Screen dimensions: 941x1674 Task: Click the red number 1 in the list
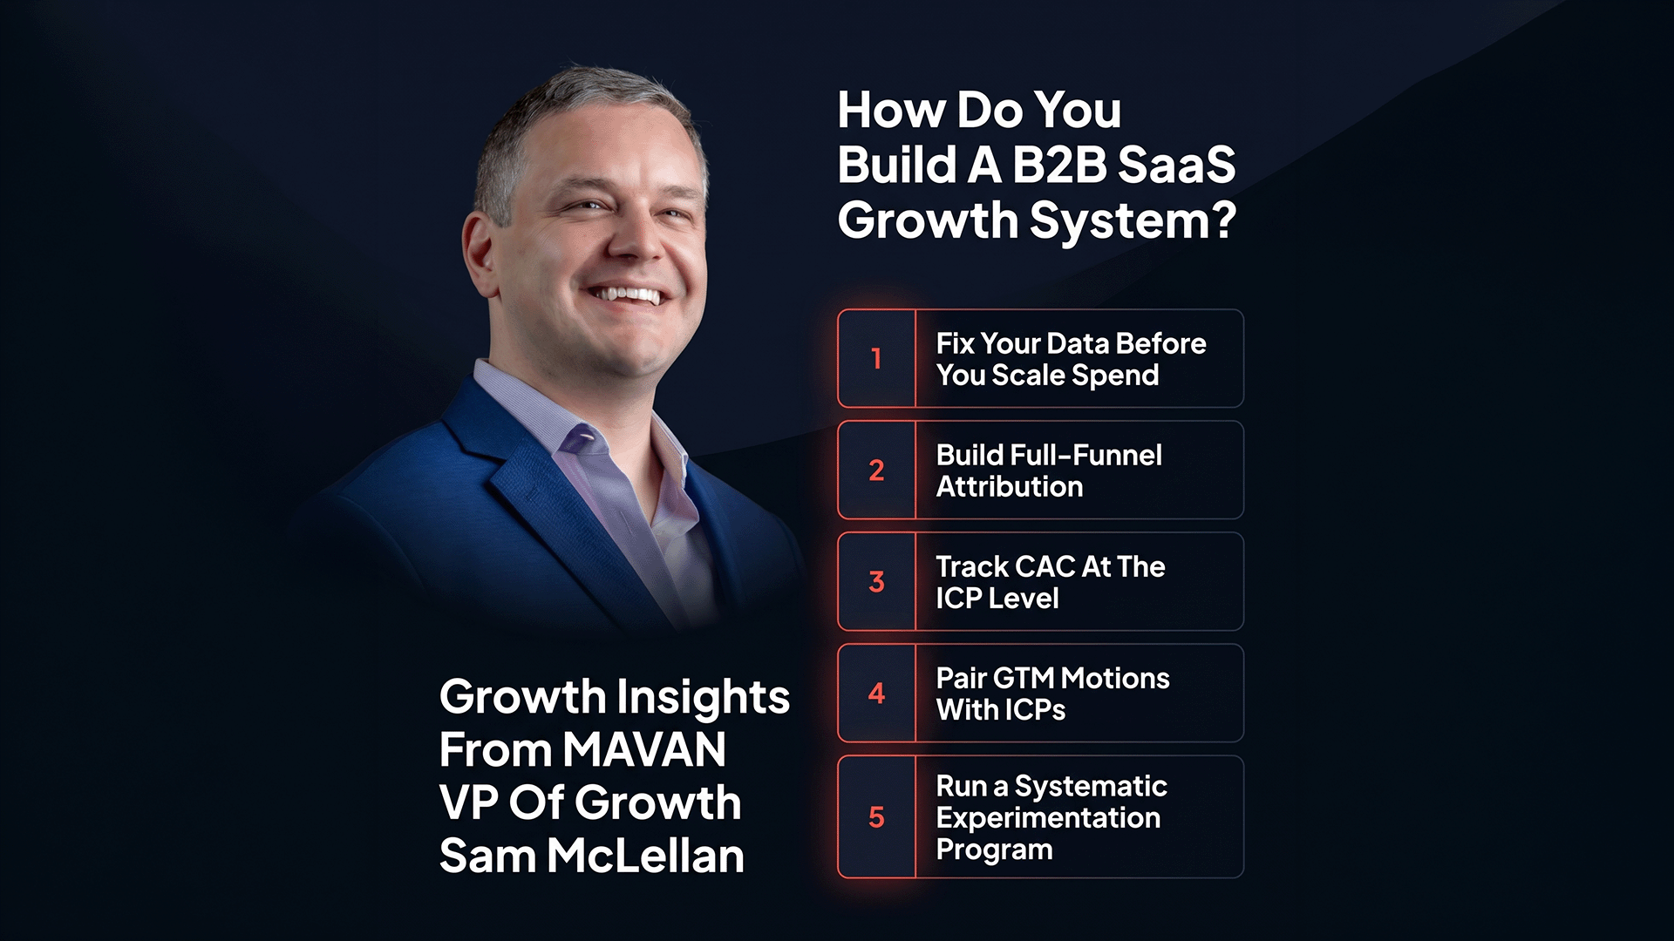pyautogui.click(x=876, y=358)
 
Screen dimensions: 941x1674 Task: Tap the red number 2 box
pyautogui.click(x=876, y=470)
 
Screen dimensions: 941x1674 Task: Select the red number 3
pyautogui.click(x=876, y=582)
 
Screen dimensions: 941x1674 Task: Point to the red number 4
pyautogui.click(x=876, y=694)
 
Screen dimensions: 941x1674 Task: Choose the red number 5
pyautogui.click(x=876, y=817)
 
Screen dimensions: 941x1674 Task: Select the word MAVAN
pyautogui.click(x=643, y=750)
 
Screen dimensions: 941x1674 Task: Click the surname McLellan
pyautogui.click(x=645, y=856)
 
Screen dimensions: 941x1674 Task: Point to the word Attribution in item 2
pyautogui.click(x=1009, y=487)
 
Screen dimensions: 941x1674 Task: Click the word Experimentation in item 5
pyautogui.click(x=1047, y=818)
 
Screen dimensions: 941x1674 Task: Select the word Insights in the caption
pyautogui.click(x=703, y=697)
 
